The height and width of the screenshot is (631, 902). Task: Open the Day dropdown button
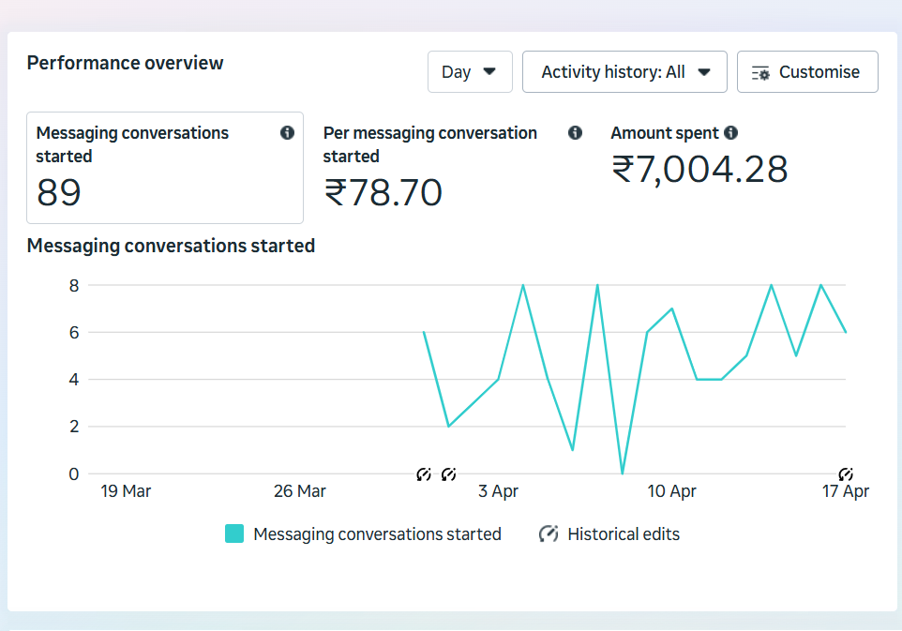(470, 72)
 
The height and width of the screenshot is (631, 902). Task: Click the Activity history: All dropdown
(624, 72)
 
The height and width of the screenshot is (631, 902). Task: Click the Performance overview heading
(126, 63)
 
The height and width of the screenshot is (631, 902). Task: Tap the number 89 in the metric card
(59, 192)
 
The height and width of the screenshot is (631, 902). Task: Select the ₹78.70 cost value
(383, 192)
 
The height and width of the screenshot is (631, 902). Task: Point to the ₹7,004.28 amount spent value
(699, 170)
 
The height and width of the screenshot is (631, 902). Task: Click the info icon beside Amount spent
(731, 133)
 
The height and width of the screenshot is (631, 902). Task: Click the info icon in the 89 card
(287, 133)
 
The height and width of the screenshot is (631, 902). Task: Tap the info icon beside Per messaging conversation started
(575, 133)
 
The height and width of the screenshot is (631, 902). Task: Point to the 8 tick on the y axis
(74, 284)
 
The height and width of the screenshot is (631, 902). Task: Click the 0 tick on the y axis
(74, 473)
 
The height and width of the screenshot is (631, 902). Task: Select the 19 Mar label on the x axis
(126, 491)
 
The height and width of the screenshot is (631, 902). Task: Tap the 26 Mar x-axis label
(299, 491)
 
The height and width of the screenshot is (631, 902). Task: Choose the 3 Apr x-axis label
(498, 491)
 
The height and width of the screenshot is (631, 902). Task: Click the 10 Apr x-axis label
(671, 491)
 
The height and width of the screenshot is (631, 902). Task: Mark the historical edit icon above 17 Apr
(846, 474)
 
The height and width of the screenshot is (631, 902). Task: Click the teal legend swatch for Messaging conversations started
(234, 533)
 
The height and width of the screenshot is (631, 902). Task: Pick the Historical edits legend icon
(549, 533)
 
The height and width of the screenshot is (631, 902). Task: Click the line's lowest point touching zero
(623, 473)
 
